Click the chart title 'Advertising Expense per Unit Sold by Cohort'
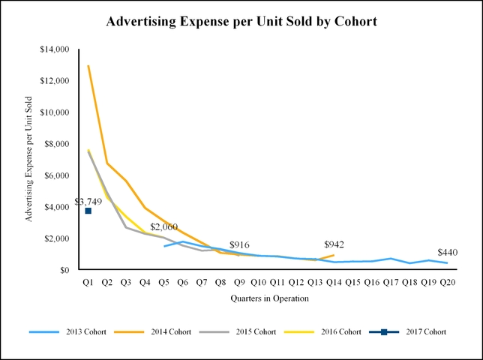coord(241,22)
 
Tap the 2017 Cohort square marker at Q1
coord(88,211)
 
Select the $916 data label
coord(239,245)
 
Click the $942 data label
coord(334,244)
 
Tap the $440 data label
coord(447,252)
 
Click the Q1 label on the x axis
coord(88,282)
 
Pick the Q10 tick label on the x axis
coord(258,282)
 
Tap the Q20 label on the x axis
coord(447,282)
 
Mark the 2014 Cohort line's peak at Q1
coord(88,65)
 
